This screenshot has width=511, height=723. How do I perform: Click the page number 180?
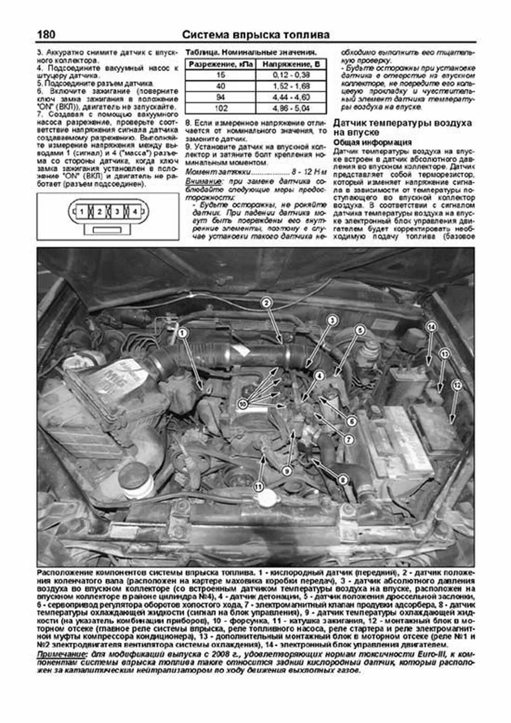tap(46, 35)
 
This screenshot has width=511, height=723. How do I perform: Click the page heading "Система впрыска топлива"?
tap(255, 35)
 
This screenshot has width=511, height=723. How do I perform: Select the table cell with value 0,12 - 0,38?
tap(291, 75)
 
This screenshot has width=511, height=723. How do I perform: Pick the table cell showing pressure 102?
tap(221, 108)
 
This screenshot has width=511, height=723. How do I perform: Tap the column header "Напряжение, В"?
tap(291, 64)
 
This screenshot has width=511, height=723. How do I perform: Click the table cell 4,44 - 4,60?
tap(291, 97)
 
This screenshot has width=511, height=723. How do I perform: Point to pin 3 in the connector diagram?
tap(117, 211)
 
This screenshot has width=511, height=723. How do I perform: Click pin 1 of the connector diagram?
tap(81, 211)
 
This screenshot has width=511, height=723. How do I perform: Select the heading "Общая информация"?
tap(372, 142)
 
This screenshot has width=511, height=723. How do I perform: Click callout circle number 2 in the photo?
tap(266, 303)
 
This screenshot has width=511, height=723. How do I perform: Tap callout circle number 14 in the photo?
tap(431, 327)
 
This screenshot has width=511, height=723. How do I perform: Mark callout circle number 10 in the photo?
tap(243, 404)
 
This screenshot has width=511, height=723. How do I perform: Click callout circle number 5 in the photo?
tap(360, 330)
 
